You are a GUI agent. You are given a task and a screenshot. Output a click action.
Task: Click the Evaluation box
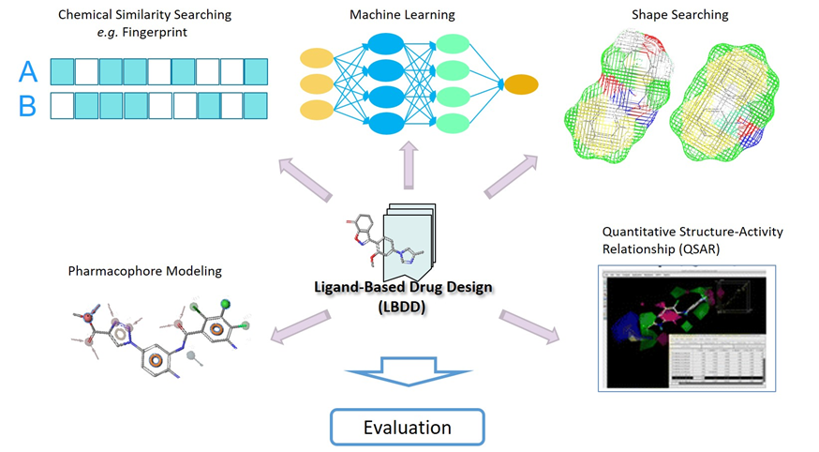coord(407,427)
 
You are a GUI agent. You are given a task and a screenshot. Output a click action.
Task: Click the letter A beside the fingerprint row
coord(27,71)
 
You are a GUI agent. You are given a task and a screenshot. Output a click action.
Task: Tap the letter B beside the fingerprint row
coord(27,106)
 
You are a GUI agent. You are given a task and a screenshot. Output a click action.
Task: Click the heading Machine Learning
coord(402,15)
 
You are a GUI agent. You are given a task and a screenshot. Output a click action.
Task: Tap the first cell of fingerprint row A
coord(62,71)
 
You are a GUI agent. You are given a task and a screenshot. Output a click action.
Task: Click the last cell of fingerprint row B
coord(255,105)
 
